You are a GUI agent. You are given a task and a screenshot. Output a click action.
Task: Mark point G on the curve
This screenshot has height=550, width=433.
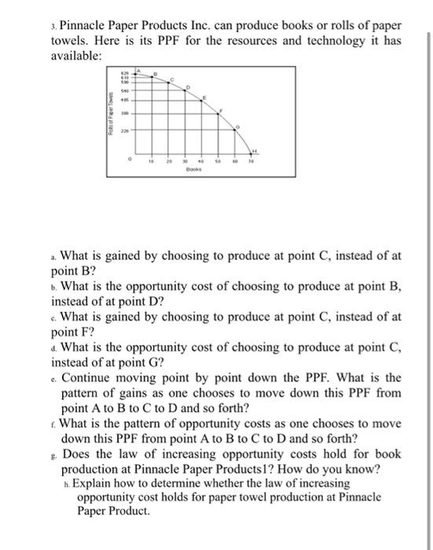tap(237, 130)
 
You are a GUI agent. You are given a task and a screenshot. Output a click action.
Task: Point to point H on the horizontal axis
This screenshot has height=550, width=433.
tap(253, 152)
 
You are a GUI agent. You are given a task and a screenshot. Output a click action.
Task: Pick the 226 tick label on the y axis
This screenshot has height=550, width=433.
tap(123, 130)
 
